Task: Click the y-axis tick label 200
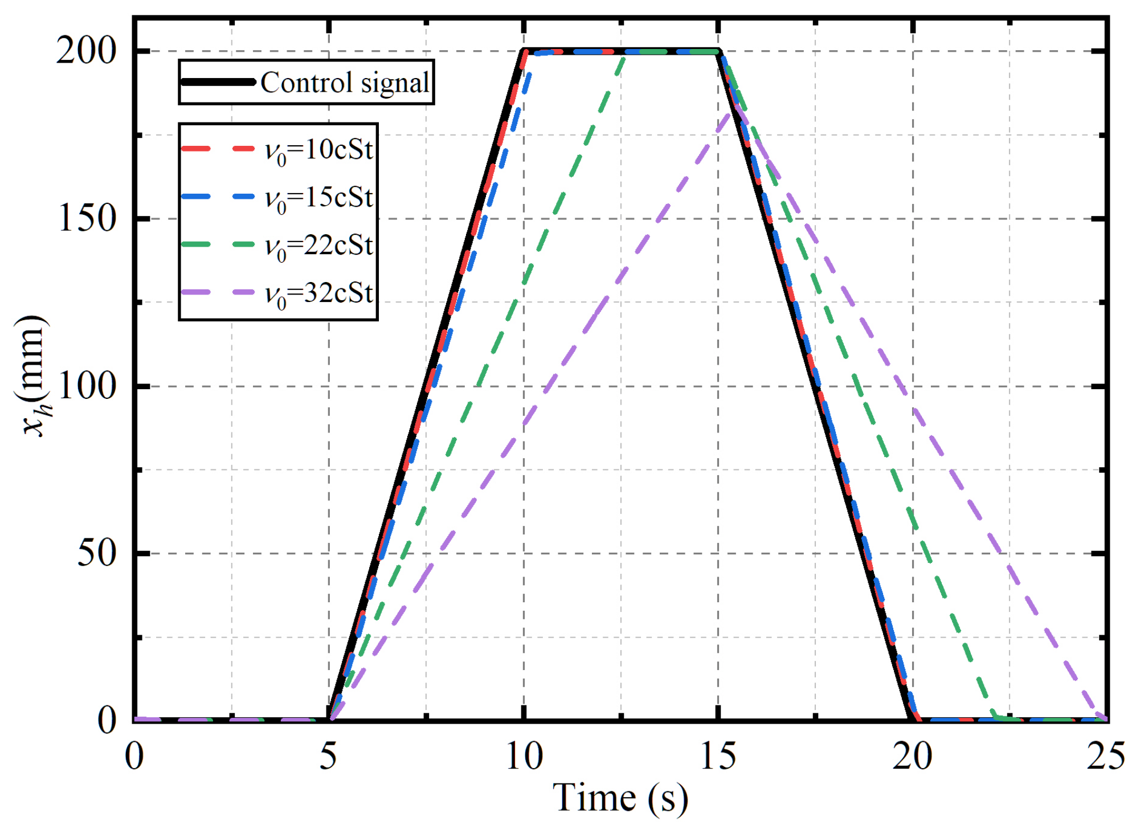coord(85,51)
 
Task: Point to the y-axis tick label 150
coord(87,218)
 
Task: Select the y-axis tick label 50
coord(97,553)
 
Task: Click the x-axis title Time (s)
coord(620,798)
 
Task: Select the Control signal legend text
coord(345,83)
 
